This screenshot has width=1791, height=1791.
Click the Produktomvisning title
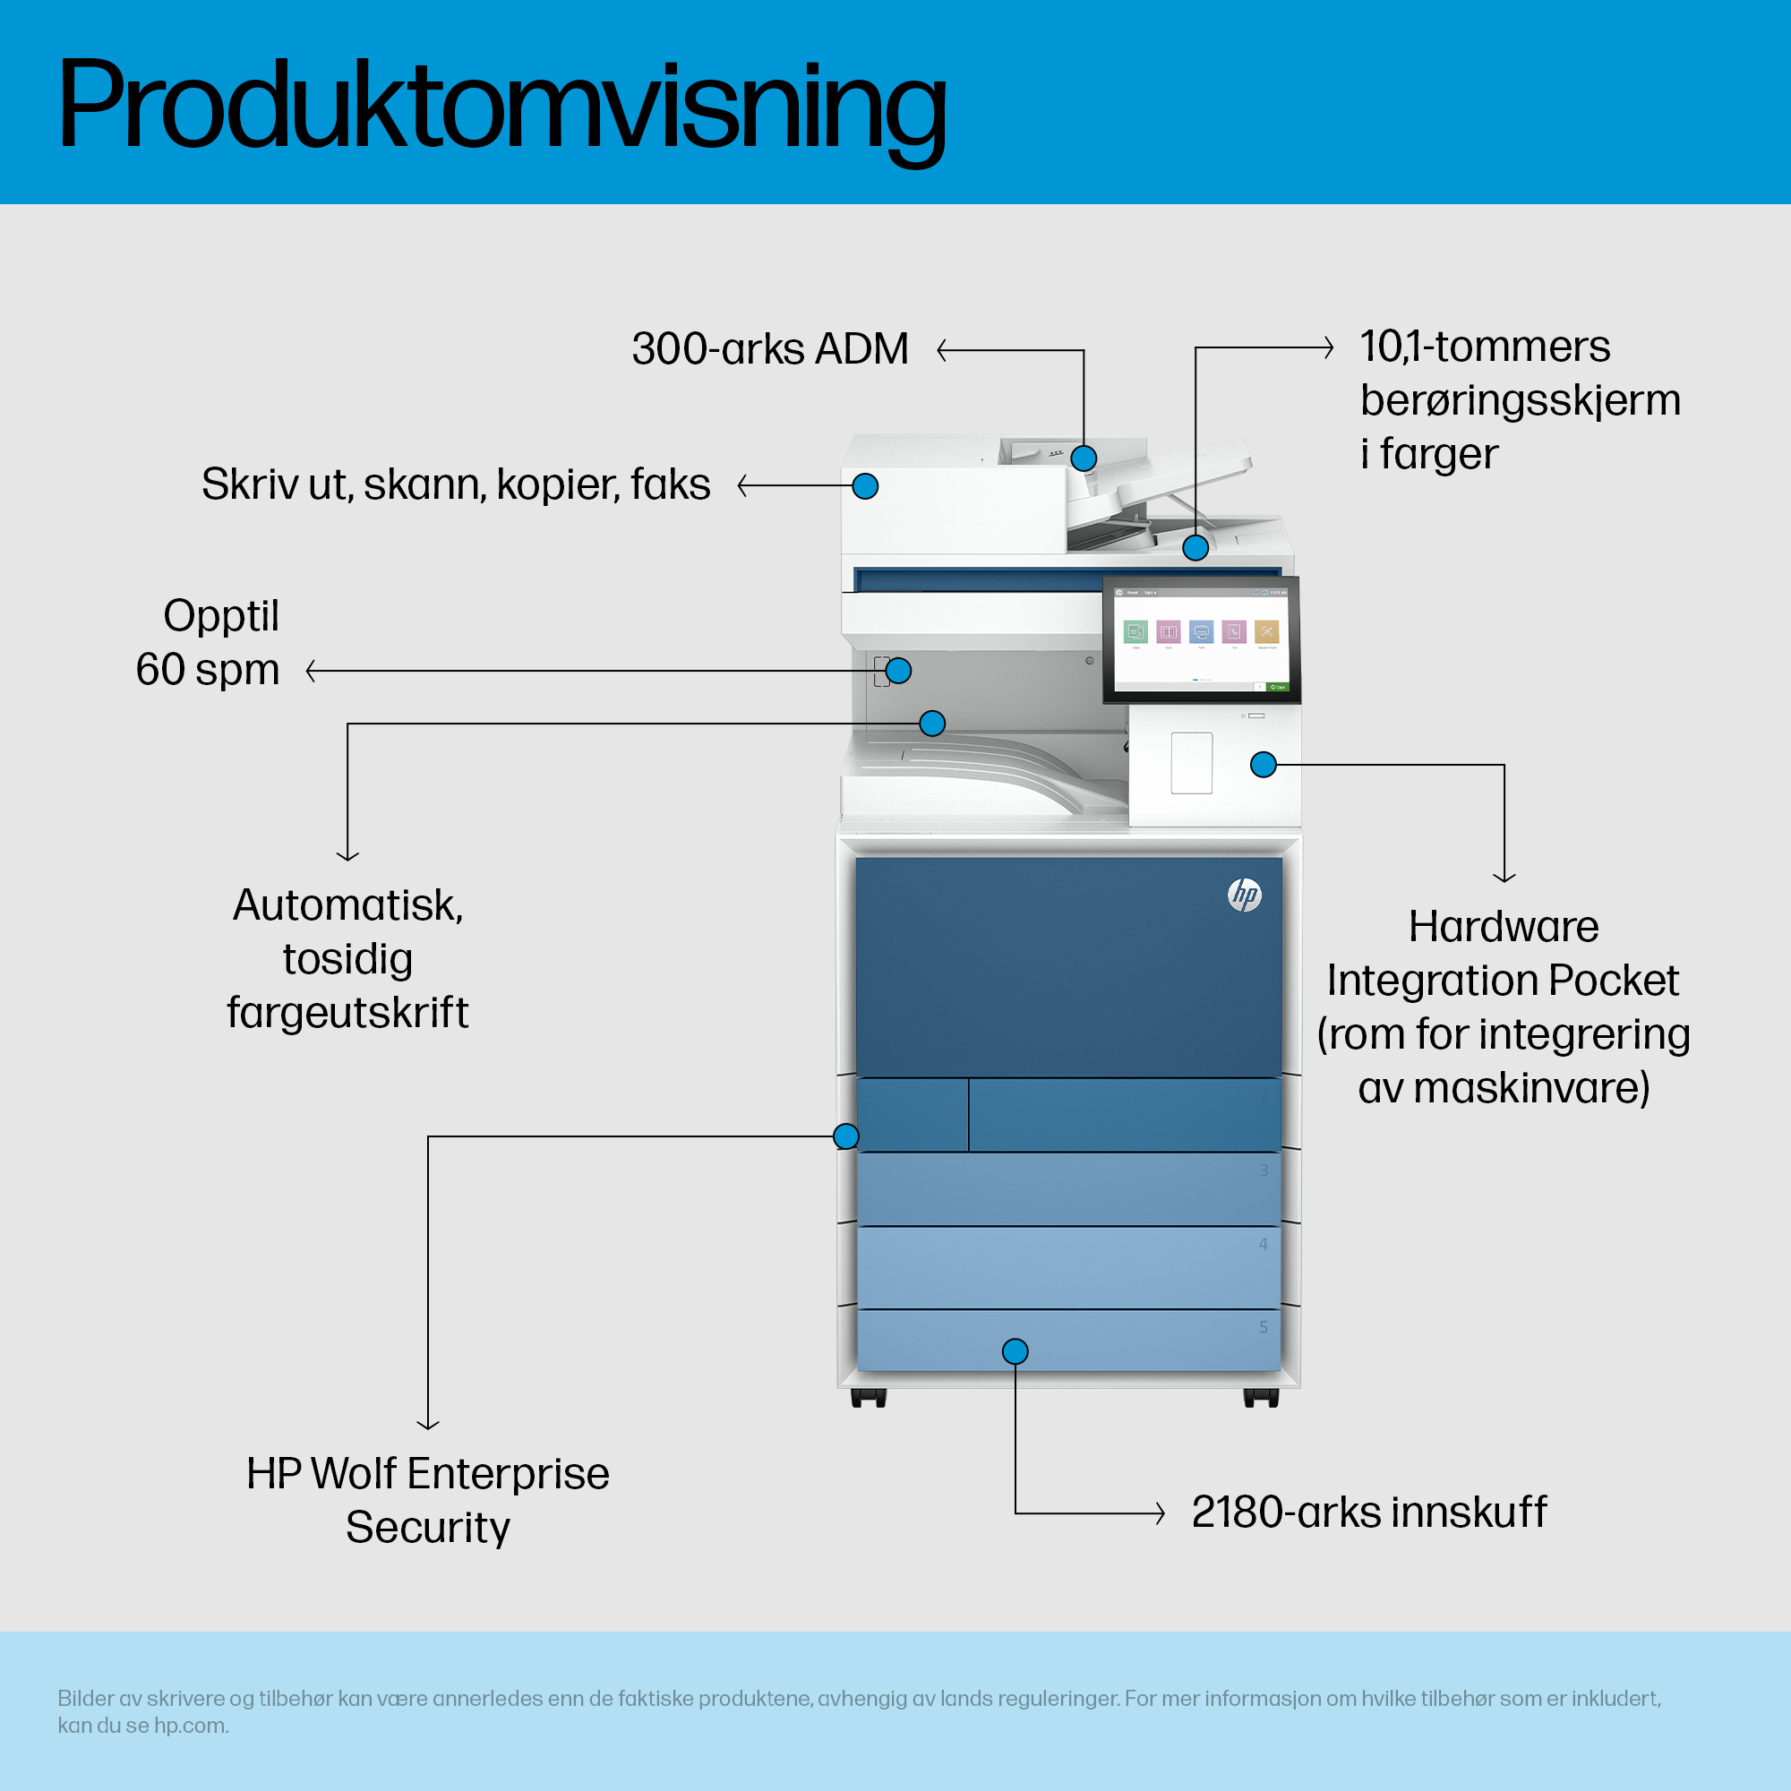click(501, 104)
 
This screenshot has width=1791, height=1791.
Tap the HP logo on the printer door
click(1244, 895)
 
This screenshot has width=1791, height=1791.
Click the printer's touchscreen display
click(1201, 638)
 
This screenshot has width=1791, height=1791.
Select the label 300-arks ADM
click(769, 349)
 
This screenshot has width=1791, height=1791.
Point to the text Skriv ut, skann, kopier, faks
click(455, 484)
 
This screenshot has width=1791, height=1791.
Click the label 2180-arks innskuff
click(1368, 1512)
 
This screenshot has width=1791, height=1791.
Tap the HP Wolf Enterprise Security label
click(427, 1500)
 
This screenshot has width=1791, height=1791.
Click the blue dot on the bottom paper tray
click(1015, 1351)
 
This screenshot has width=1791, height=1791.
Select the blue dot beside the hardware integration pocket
click(1263, 765)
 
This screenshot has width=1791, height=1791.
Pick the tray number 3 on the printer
click(1264, 1170)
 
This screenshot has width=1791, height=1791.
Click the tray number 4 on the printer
click(1264, 1244)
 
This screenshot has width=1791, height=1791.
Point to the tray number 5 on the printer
click(1264, 1327)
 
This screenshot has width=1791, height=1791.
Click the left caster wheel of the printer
click(869, 1398)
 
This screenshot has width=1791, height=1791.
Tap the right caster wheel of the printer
click(1261, 1398)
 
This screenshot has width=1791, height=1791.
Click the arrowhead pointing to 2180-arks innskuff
click(1161, 1512)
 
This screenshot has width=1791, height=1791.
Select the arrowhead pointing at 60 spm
click(311, 670)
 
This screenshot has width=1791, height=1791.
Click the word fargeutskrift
click(347, 1012)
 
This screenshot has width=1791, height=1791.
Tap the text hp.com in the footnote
click(190, 1726)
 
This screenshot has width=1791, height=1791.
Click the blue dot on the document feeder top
click(1084, 458)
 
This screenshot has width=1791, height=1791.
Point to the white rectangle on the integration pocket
click(1191, 763)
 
